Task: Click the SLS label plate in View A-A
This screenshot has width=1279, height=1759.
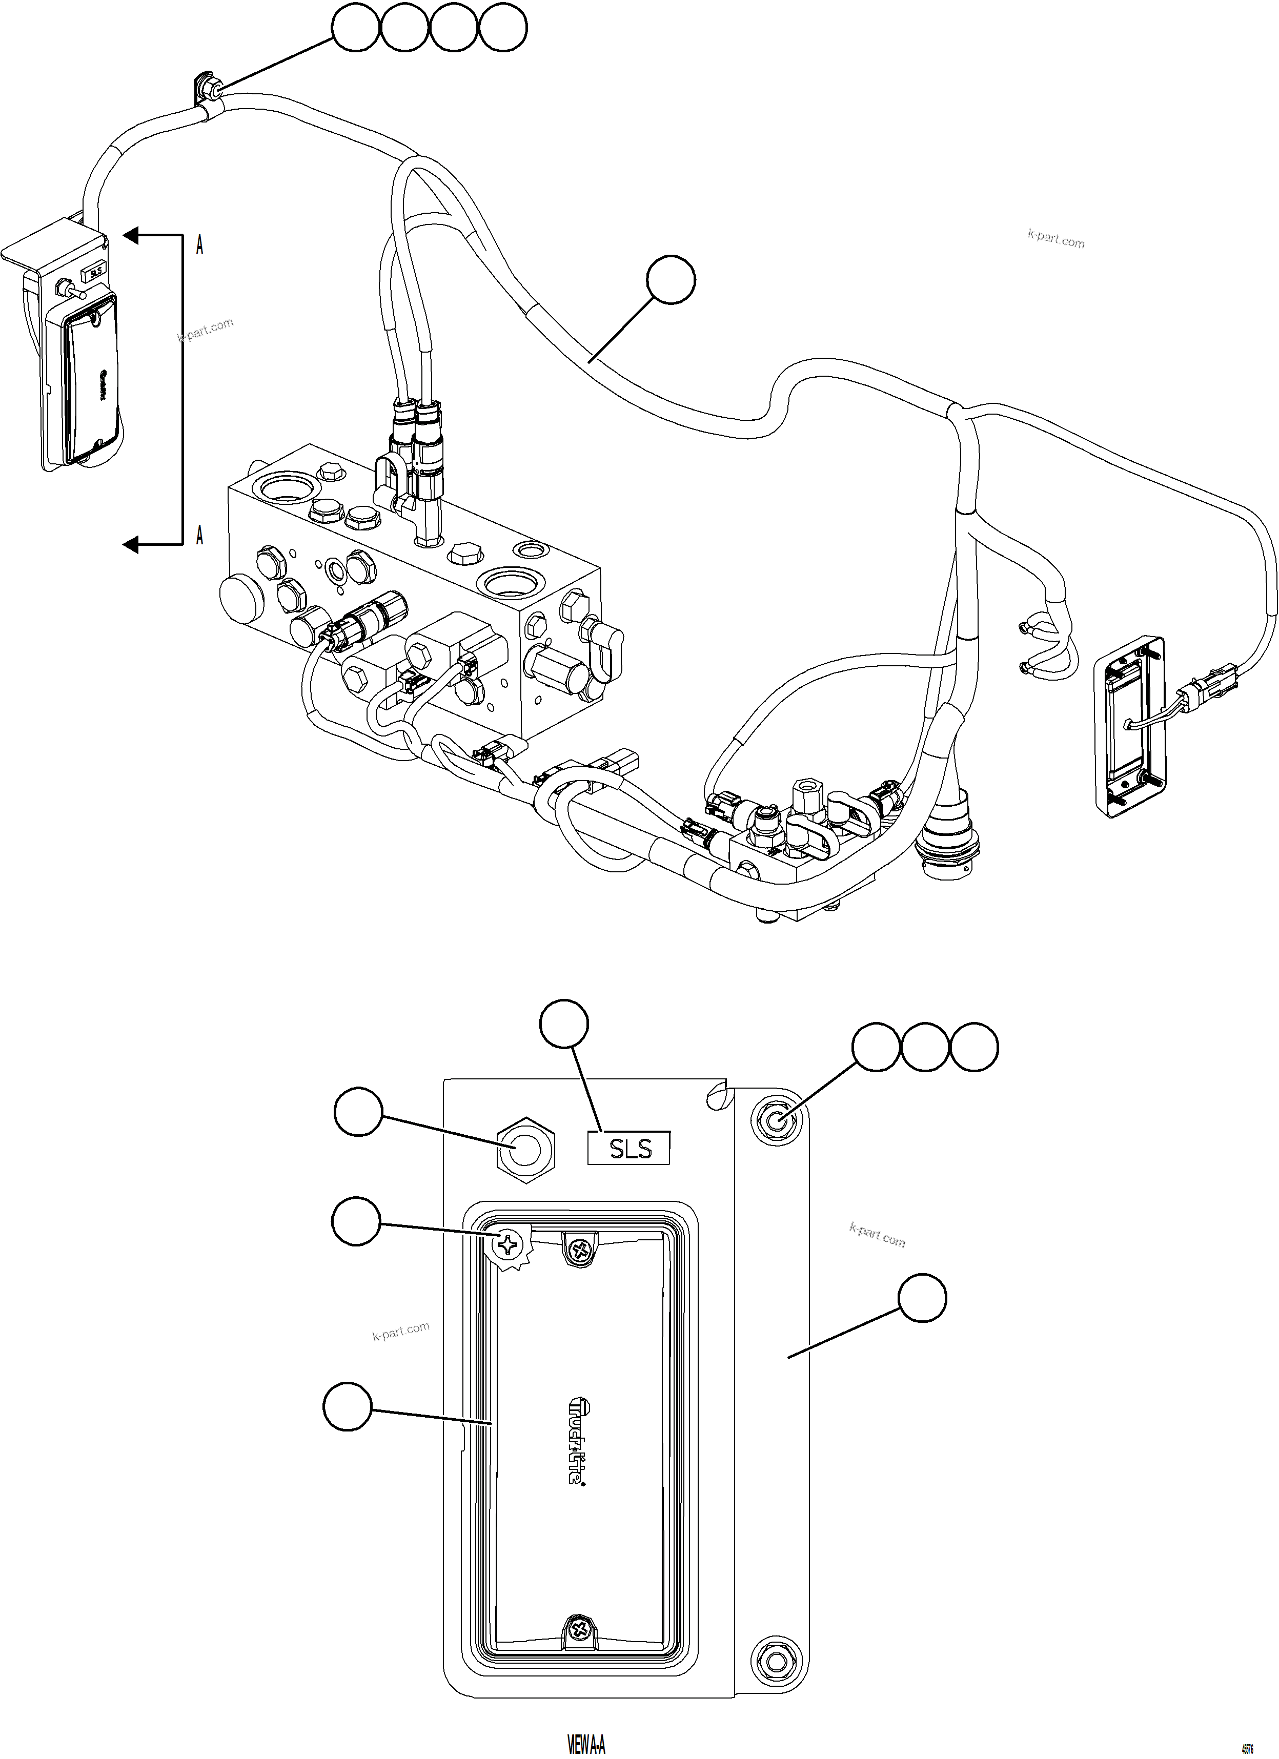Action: [628, 1149]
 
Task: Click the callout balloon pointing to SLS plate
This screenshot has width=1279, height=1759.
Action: [564, 1024]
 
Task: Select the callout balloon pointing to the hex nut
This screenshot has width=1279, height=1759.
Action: [358, 1112]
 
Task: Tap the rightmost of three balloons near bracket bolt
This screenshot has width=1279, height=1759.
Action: [974, 1048]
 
